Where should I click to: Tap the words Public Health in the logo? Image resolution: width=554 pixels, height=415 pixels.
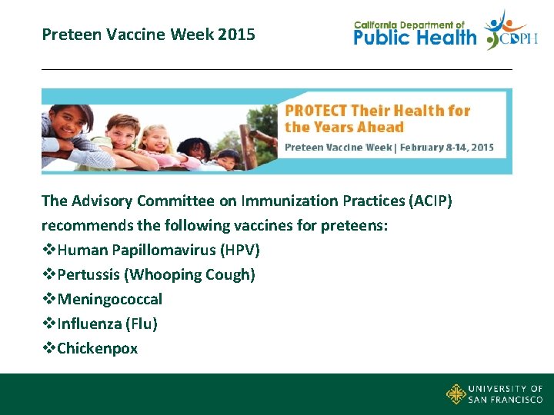(415, 38)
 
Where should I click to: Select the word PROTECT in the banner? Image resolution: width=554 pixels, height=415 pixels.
(315, 111)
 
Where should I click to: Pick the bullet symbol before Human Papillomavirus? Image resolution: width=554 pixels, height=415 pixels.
(48, 250)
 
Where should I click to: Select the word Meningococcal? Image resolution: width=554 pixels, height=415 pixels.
(109, 299)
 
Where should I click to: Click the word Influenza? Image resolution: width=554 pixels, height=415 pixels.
(88, 324)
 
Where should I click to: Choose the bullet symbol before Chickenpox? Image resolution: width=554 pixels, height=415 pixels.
(48, 348)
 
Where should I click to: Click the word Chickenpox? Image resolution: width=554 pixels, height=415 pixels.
(98, 348)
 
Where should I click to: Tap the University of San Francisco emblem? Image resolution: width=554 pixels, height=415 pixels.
(456, 393)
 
